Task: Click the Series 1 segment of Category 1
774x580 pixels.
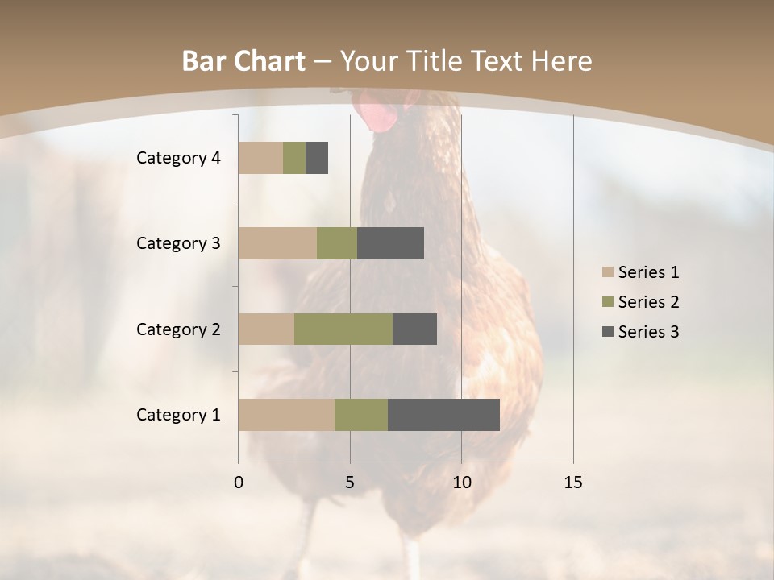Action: [x=286, y=415]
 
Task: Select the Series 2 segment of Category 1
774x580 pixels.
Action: [x=361, y=415]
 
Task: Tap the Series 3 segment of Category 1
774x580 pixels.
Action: [x=443, y=415]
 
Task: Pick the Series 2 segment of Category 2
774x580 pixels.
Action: [x=343, y=329]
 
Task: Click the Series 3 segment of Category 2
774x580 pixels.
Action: [x=414, y=329]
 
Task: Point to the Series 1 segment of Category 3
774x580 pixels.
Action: [x=277, y=243]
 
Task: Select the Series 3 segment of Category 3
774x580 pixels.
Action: [x=390, y=243]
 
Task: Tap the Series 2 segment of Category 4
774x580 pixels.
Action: [x=294, y=158]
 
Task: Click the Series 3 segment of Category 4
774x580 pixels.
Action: [x=317, y=158]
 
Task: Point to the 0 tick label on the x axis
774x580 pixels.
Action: [x=239, y=483]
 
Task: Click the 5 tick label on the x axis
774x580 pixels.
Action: [x=350, y=483]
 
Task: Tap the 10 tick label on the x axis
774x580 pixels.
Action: [x=461, y=483]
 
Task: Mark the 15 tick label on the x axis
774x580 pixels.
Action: [x=573, y=483]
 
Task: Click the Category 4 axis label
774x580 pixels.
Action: [x=178, y=158]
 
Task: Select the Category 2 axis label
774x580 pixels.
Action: [x=178, y=329]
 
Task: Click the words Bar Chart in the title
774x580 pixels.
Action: [x=243, y=61]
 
